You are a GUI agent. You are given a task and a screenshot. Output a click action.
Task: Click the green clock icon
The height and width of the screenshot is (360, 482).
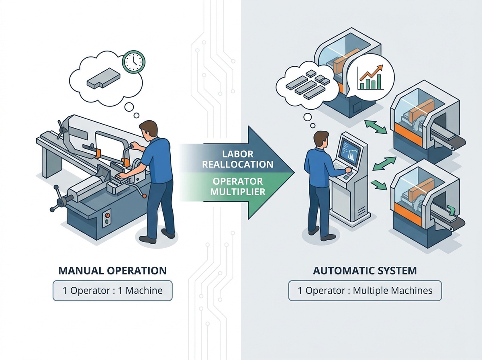click(134, 62)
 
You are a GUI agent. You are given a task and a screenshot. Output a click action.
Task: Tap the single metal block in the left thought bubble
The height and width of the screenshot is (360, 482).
click(103, 78)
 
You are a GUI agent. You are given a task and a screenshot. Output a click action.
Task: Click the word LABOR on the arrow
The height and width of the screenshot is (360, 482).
click(238, 154)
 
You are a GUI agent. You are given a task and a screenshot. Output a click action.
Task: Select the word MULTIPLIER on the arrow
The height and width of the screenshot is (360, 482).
click(238, 192)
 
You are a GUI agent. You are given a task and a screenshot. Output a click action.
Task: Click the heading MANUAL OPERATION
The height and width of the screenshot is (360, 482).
click(112, 271)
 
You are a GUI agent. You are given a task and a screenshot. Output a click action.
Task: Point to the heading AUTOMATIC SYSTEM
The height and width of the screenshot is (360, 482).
click(365, 271)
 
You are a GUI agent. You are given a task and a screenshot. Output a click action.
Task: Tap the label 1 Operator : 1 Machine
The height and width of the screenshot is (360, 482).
click(112, 290)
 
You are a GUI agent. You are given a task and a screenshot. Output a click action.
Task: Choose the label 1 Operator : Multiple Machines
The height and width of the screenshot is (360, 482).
click(365, 290)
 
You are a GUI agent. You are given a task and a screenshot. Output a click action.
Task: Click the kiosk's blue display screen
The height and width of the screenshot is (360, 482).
click(349, 151)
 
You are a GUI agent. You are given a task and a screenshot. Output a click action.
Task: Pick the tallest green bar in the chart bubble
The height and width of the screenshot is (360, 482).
click(379, 82)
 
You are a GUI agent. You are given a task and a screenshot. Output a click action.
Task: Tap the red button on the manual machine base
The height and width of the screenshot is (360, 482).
click(107, 215)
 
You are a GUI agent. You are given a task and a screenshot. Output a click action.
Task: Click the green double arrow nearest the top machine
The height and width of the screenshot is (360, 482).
click(376, 127)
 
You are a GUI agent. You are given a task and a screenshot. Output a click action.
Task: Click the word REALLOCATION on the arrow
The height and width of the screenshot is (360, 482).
click(238, 164)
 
